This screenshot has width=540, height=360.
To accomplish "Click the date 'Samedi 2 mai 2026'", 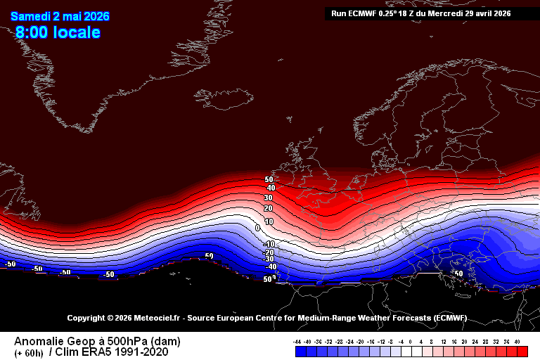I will click(60, 16).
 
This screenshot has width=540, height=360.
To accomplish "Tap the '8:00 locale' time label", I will click(58, 32).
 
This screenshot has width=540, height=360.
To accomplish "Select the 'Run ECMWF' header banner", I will click(420, 13).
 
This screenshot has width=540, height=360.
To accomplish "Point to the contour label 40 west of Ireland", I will click(270, 188).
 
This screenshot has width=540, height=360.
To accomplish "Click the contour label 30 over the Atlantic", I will click(268, 198).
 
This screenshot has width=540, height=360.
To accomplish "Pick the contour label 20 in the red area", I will click(269, 209).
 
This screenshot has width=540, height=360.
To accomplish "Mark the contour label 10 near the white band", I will click(269, 221).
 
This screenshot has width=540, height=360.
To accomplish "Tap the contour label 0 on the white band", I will click(258, 228).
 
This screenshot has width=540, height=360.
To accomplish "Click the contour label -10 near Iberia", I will click(269, 244).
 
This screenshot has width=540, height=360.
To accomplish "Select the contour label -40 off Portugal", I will click(270, 267).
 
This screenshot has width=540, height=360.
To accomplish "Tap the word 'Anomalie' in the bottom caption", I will click(39, 341).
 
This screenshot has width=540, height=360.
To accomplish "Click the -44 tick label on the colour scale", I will click(298, 341).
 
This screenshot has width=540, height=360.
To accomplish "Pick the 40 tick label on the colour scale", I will click(517, 341).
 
